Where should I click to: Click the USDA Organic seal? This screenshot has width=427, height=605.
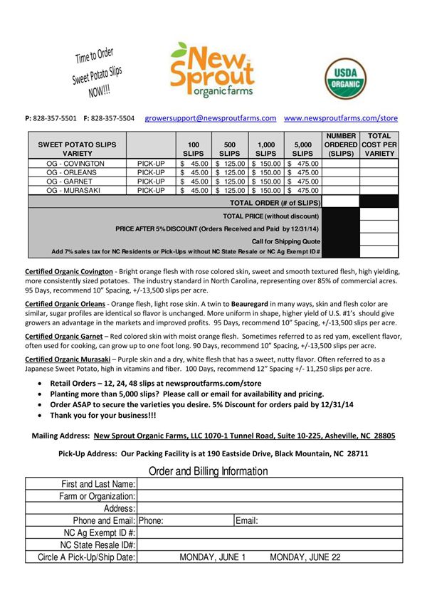347,79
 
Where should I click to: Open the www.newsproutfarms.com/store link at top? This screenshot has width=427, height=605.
341,118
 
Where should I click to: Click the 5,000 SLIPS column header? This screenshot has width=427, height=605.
302,149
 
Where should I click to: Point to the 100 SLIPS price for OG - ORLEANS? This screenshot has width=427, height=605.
194,172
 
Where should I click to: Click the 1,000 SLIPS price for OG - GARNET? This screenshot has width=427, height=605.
266,181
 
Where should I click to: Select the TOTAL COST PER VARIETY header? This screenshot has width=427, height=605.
379,144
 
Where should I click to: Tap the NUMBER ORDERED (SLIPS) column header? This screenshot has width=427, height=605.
340,144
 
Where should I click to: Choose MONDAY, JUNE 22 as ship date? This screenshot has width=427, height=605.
305,557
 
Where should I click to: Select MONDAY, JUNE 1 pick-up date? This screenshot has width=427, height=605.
212,557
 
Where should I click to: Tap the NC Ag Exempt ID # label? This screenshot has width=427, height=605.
100,532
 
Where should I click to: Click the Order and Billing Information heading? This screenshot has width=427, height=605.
209,471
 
